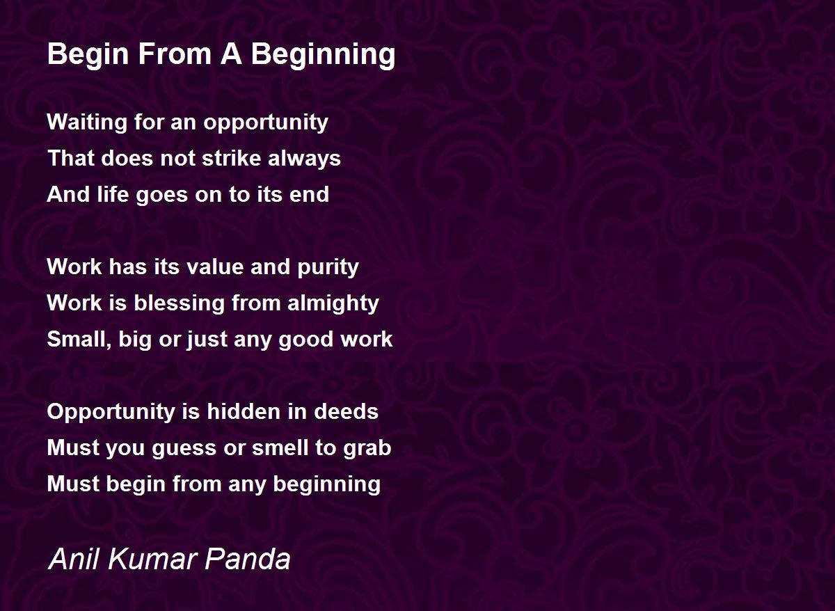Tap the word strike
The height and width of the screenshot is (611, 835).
click(x=232, y=158)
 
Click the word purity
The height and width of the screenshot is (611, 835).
click(x=328, y=267)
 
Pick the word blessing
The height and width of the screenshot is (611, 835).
click(x=179, y=303)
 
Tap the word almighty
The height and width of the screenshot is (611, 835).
click(x=333, y=303)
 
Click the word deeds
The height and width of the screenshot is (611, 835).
click(x=346, y=411)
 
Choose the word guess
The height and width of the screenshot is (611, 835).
click(x=184, y=448)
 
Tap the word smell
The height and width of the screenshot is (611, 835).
click(x=280, y=447)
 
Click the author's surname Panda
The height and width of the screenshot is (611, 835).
click(x=248, y=560)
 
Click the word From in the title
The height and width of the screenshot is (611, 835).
click(x=175, y=54)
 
